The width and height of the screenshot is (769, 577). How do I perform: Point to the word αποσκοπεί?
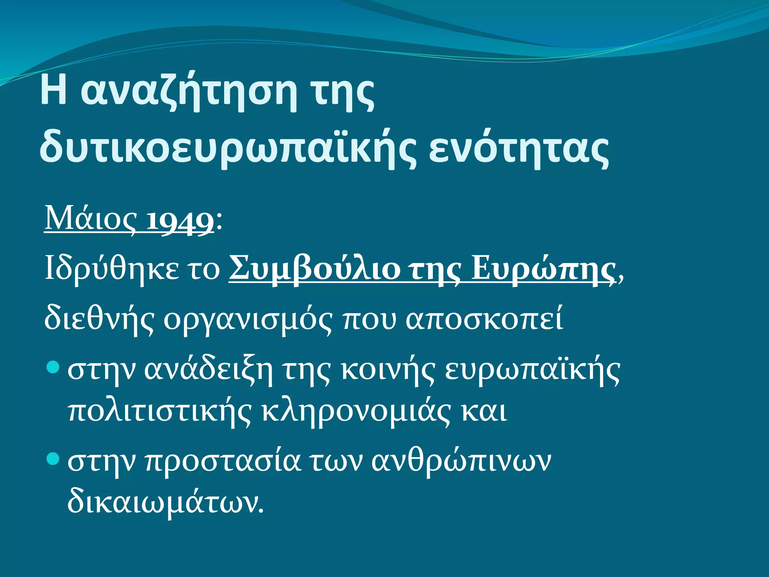[484, 319]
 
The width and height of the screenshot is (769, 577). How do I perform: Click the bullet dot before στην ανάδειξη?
[54, 367]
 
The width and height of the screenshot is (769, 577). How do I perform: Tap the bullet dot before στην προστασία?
[54, 459]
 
